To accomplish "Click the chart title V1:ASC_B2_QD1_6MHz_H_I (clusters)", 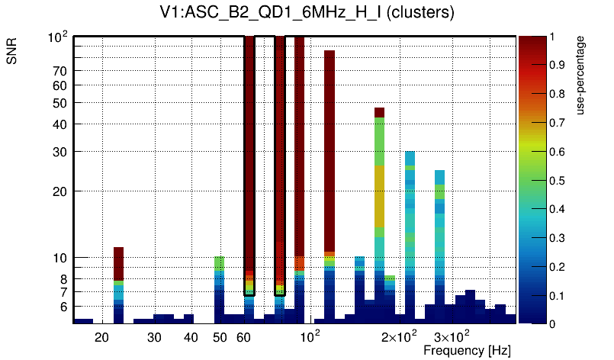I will click(x=306, y=13).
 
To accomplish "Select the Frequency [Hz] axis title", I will click(x=467, y=350).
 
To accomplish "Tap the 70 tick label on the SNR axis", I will click(x=59, y=71).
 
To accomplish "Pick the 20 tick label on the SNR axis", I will click(x=59, y=191).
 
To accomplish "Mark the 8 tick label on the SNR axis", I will click(x=64, y=278).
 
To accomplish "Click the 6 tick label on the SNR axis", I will click(x=64, y=307).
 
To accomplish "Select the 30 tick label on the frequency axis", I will click(x=154, y=336).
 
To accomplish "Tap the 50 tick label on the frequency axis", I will click(x=220, y=336).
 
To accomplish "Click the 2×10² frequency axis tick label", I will click(x=399, y=336).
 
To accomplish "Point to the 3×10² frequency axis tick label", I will click(x=451, y=336).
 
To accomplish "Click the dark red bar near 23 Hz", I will click(x=118, y=263).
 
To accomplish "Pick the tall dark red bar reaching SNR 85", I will click(x=330, y=153).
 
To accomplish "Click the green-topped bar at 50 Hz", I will click(x=219, y=263).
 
